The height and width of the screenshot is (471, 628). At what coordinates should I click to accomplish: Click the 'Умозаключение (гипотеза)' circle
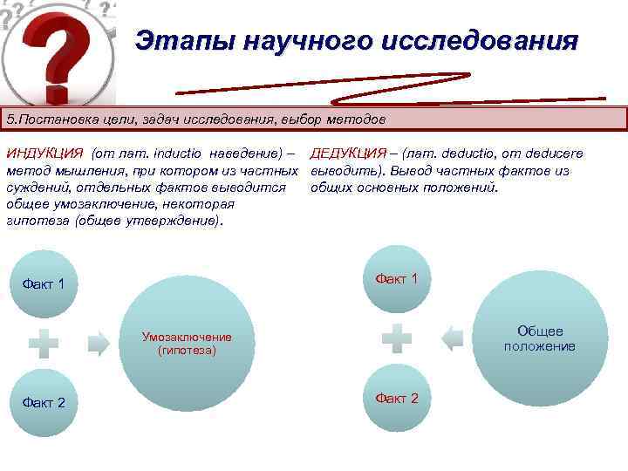click(x=188, y=344)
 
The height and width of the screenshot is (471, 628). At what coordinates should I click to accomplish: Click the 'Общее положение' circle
click(x=540, y=338)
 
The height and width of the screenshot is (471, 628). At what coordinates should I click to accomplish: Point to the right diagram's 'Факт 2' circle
click(x=397, y=399)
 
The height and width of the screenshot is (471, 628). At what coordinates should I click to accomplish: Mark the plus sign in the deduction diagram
click(x=397, y=338)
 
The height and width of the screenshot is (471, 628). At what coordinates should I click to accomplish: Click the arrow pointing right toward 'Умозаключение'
click(x=99, y=343)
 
